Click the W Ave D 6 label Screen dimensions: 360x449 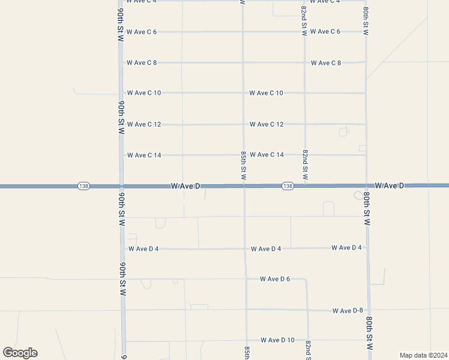(275, 279)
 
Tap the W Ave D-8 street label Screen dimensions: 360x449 (348, 310)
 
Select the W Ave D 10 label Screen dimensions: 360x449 (277, 340)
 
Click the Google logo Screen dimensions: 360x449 (20, 353)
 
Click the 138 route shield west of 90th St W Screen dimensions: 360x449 (83, 186)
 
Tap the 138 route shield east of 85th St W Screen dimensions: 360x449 (288, 186)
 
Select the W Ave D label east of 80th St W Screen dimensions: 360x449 (390, 186)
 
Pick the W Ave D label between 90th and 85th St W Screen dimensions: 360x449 (185, 186)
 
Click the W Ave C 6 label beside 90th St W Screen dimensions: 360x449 (142, 32)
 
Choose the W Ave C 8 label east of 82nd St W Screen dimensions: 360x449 (326, 63)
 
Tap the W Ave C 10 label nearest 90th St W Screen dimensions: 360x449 (144, 93)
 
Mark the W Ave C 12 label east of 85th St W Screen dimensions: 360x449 (267, 124)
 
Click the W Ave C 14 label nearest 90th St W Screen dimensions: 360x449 (144, 155)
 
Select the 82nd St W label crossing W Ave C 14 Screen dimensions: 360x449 (305, 165)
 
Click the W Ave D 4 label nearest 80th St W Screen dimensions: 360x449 (346, 247)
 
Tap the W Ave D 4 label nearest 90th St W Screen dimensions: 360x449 (143, 248)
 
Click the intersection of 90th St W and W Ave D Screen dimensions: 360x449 (122, 186)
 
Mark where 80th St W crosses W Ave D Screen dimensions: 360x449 (367, 186)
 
